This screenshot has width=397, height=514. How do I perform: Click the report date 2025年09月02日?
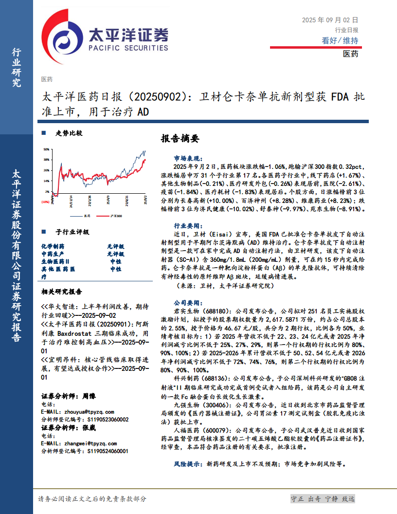pos(330,20)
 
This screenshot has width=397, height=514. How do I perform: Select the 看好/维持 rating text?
pos(340,40)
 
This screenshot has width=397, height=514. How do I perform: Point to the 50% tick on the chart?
pos(46,149)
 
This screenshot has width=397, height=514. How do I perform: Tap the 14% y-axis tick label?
pos(46,181)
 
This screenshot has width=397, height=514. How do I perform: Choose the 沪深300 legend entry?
pos(115,216)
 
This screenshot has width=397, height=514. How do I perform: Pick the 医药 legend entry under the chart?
pos(87,216)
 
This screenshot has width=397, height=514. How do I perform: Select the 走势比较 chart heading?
pos(69,133)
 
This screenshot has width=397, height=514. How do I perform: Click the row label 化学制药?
pos(53,247)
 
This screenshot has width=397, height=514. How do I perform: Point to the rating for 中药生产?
pos(115,254)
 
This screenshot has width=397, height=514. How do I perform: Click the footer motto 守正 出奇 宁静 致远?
pos(323,499)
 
